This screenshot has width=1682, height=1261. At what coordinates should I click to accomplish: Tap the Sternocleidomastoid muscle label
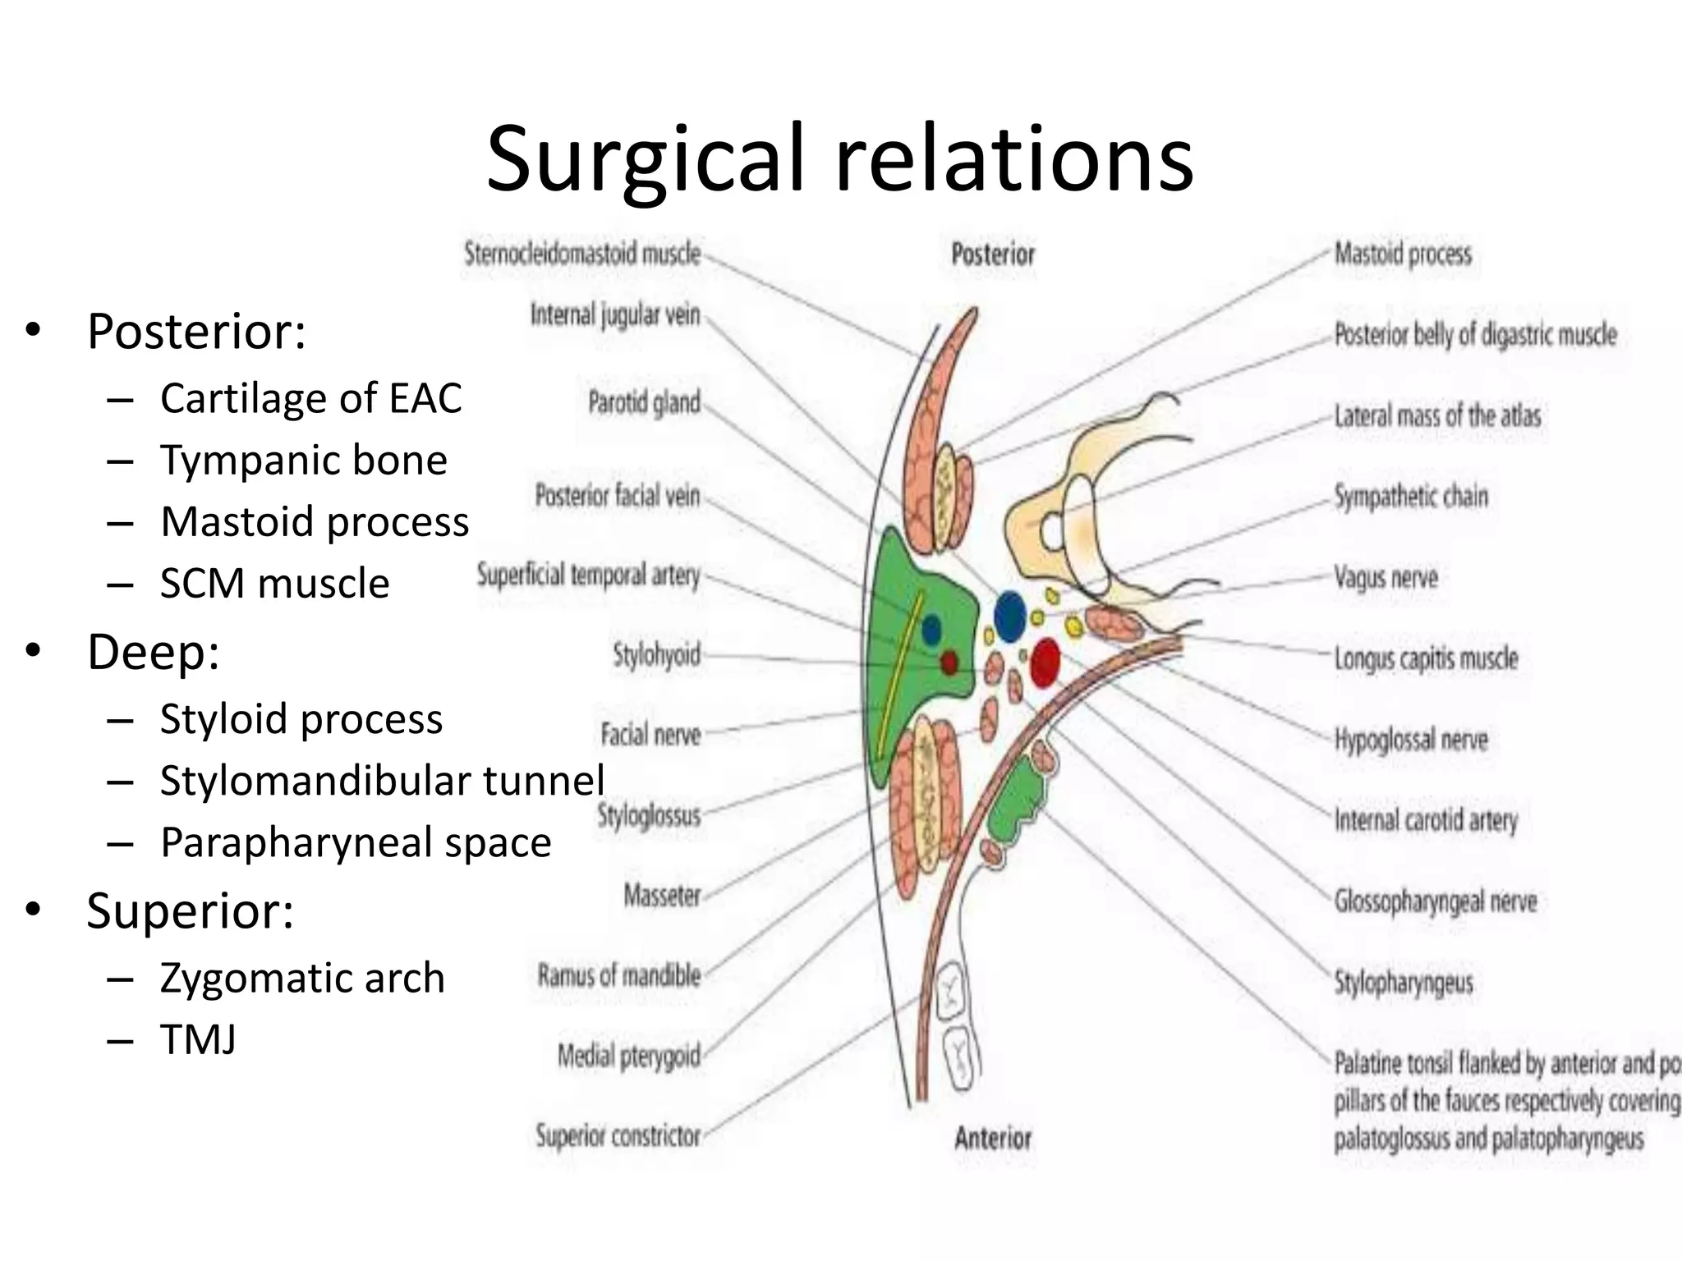click(582, 254)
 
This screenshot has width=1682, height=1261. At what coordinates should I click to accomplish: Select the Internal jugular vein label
click(615, 314)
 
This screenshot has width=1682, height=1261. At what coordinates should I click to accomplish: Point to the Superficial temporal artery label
click(588, 575)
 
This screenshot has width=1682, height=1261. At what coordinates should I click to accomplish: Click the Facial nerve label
click(650, 734)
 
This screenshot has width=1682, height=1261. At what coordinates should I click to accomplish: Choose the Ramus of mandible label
click(619, 975)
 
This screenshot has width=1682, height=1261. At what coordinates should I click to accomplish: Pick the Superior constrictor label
click(618, 1136)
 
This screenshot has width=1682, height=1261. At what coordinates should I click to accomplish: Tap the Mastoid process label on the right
click(1403, 254)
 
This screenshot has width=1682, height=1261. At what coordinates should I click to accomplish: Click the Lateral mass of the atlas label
click(1437, 416)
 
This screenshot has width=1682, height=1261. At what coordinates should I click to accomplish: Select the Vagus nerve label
click(1386, 578)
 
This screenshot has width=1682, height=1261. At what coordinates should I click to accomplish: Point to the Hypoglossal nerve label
click(1411, 740)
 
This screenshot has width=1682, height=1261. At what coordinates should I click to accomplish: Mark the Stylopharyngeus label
click(1404, 982)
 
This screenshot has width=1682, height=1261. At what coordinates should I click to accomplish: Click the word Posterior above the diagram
click(993, 254)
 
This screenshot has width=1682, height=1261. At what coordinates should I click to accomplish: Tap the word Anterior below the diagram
click(993, 1138)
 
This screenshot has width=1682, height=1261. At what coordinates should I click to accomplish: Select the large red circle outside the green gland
click(1045, 662)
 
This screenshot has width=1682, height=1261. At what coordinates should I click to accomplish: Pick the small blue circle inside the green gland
click(931, 630)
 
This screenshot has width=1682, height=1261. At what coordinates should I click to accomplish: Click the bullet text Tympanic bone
click(303, 460)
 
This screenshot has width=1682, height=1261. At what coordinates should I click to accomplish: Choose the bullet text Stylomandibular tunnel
click(382, 780)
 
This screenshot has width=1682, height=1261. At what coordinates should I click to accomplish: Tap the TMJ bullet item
click(198, 1039)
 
